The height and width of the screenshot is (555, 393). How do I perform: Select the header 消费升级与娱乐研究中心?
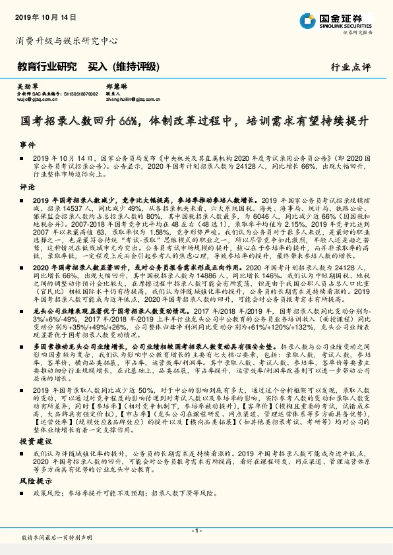point(66,41)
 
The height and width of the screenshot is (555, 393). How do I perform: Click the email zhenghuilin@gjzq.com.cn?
point(136,102)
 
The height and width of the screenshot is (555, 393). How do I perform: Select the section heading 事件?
point(27,144)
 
